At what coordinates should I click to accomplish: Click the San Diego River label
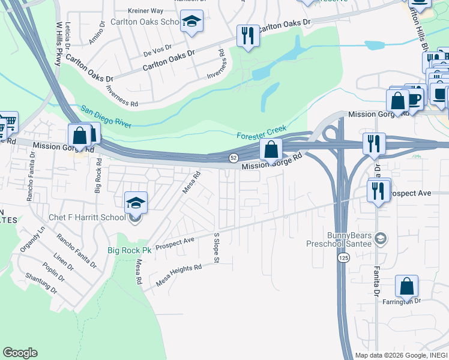106,116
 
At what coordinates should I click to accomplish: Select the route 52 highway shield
232,157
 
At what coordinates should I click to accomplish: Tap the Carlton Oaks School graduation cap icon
192,22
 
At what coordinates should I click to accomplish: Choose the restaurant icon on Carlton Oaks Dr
248,36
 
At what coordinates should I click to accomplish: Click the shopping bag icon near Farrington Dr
407,287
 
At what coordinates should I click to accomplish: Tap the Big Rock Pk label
129,250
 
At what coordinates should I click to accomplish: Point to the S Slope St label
216,248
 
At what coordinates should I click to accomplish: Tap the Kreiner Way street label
146,11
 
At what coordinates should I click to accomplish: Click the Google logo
20,353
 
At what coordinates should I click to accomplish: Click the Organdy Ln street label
33,238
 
